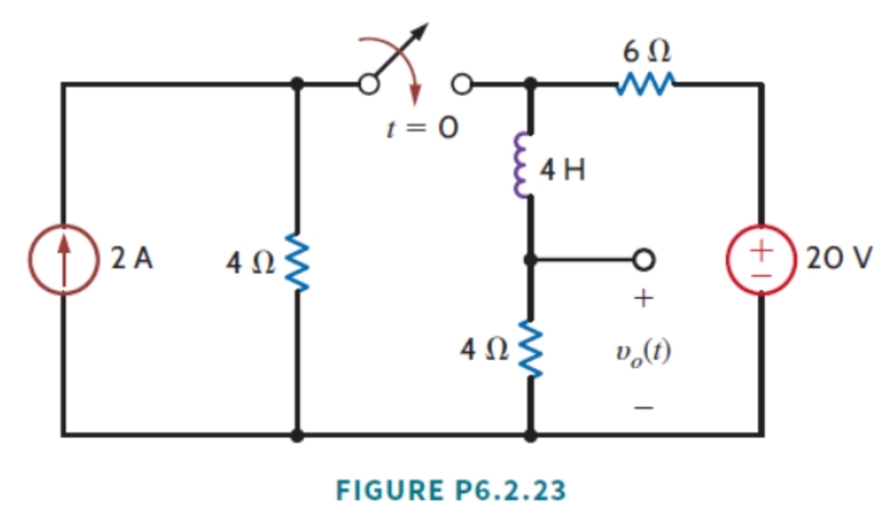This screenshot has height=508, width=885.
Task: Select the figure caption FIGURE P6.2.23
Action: pyautogui.click(x=444, y=489)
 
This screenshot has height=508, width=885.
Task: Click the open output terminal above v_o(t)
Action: pyautogui.click(x=644, y=260)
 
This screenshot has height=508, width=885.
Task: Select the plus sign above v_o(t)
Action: pyautogui.click(x=644, y=300)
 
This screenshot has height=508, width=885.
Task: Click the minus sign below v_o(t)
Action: pyautogui.click(x=644, y=407)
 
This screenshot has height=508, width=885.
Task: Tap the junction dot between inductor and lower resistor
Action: pyautogui.click(x=528, y=260)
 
